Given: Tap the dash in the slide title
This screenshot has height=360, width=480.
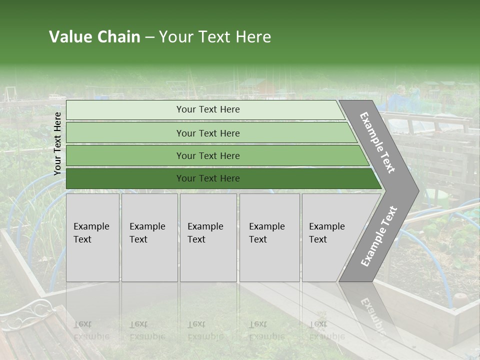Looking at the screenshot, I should pos(150,37).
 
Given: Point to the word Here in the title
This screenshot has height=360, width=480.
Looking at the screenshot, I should pos(253,37).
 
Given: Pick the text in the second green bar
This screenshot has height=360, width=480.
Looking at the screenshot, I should pos(208,133).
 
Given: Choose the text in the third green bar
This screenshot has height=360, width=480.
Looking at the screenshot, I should pos(208,155).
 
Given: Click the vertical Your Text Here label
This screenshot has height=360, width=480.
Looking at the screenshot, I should pos(57,143).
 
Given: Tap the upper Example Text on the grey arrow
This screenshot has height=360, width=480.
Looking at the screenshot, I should pos(377,142).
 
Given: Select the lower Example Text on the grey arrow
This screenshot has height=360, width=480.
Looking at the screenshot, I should pos(378,236).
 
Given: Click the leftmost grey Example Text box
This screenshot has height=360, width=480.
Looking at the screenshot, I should pos(92,237).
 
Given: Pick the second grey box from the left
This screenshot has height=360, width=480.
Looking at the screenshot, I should pos(149,237).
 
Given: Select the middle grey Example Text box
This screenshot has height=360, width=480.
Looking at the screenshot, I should pos(208,237).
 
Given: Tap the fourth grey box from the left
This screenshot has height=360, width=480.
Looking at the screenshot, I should pos(269,237).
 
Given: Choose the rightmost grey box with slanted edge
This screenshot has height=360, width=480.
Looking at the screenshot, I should pos(330,237).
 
